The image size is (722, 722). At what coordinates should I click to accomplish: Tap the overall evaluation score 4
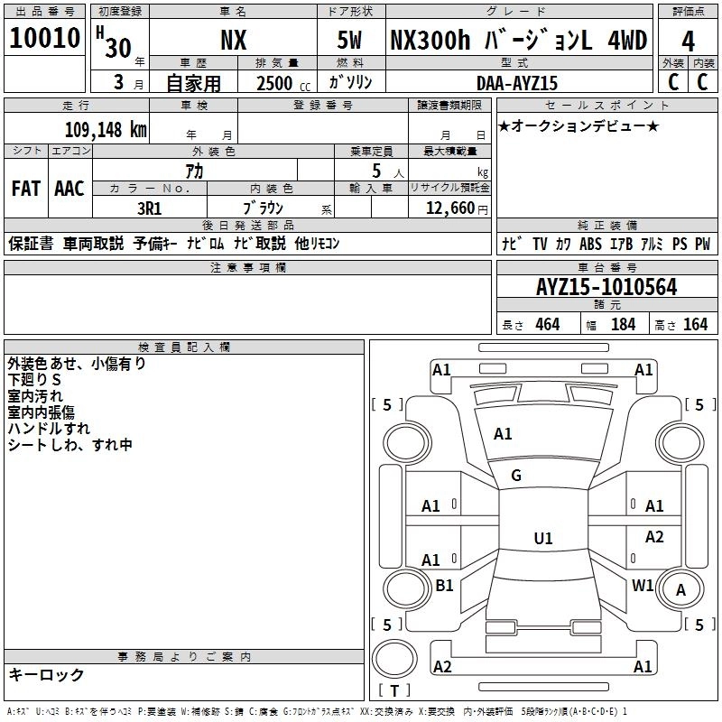[x=688, y=42]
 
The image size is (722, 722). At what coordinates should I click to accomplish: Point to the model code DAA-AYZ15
[x=517, y=83]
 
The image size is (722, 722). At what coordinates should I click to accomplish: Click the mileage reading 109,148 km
[x=106, y=129]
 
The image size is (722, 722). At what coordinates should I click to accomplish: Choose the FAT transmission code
[x=25, y=189]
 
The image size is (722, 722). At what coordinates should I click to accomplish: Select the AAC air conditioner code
[x=69, y=189]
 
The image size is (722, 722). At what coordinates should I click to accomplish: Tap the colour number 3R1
[x=149, y=207]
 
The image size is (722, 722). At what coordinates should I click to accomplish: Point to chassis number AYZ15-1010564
[x=606, y=287]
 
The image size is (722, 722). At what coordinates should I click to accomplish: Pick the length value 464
[x=546, y=325]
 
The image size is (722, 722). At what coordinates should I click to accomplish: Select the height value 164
[x=695, y=325]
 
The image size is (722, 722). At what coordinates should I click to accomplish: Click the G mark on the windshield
[x=516, y=476]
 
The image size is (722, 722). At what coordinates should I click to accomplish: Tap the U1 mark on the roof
[x=542, y=539]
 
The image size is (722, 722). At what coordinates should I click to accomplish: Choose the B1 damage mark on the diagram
[x=444, y=586]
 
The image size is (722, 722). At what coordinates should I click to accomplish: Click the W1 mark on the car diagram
[x=643, y=585]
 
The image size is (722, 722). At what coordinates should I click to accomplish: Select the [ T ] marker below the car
[x=393, y=691]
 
